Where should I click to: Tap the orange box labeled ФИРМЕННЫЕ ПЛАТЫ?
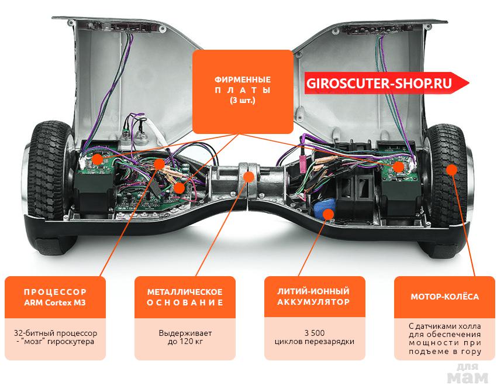[243, 91]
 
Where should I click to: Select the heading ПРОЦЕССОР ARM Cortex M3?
[56, 297]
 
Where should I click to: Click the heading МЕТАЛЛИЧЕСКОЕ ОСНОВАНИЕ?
[185, 297]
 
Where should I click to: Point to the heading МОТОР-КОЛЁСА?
[444, 297]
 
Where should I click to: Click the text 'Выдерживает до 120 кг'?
[185, 337]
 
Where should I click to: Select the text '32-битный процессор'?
[56, 333]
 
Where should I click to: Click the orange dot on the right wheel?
[451, 169]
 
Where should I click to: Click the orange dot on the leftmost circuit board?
[97, 158]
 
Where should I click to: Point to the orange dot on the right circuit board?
[399, 167]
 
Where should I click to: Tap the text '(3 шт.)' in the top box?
[243, 101]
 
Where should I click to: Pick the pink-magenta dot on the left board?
[180, 187]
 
